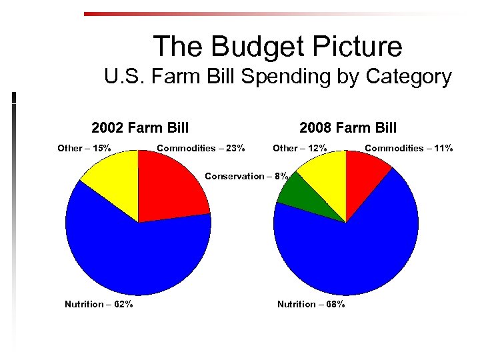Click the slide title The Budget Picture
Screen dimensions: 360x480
[x=277, y=47]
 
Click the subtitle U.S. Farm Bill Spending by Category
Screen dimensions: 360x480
[x=277, y=77]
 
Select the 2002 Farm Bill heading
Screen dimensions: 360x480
[x=140, y=127]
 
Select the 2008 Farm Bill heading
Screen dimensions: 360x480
[x=348, y=127]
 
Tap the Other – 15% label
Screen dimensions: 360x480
[x=84, y=148]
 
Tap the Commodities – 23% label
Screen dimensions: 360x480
[x=201, y=148]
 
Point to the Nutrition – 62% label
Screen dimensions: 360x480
[x=99, y=304]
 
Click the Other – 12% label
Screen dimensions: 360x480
[x=300, y=148]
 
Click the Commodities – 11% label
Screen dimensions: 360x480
[x=409, y=148]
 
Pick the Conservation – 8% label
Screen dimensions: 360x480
[x=247, y=177]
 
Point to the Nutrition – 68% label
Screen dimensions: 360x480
[x=311, y=304]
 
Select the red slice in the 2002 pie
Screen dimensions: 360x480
[x=170, y=187]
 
